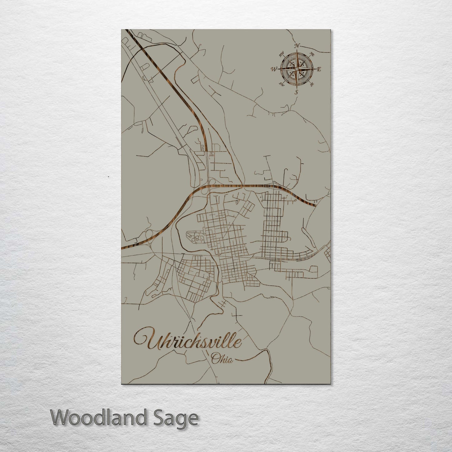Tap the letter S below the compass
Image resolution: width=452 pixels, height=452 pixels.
[x=297, y=92]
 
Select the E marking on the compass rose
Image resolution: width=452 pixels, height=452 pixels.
[x=319, y=69]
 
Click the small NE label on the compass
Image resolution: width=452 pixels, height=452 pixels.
[x=312, y=54]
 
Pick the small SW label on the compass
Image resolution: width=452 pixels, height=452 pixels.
[x=282, y=84]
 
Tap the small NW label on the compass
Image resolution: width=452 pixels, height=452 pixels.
[x=281, y=53]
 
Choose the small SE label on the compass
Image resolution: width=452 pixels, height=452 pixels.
[x=312, y=84]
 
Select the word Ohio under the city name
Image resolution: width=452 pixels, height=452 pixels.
[x=222, y=359]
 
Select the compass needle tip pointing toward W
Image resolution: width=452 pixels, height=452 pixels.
[x=279, y=69]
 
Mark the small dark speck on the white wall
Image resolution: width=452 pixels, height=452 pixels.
[x=108, y=177]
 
